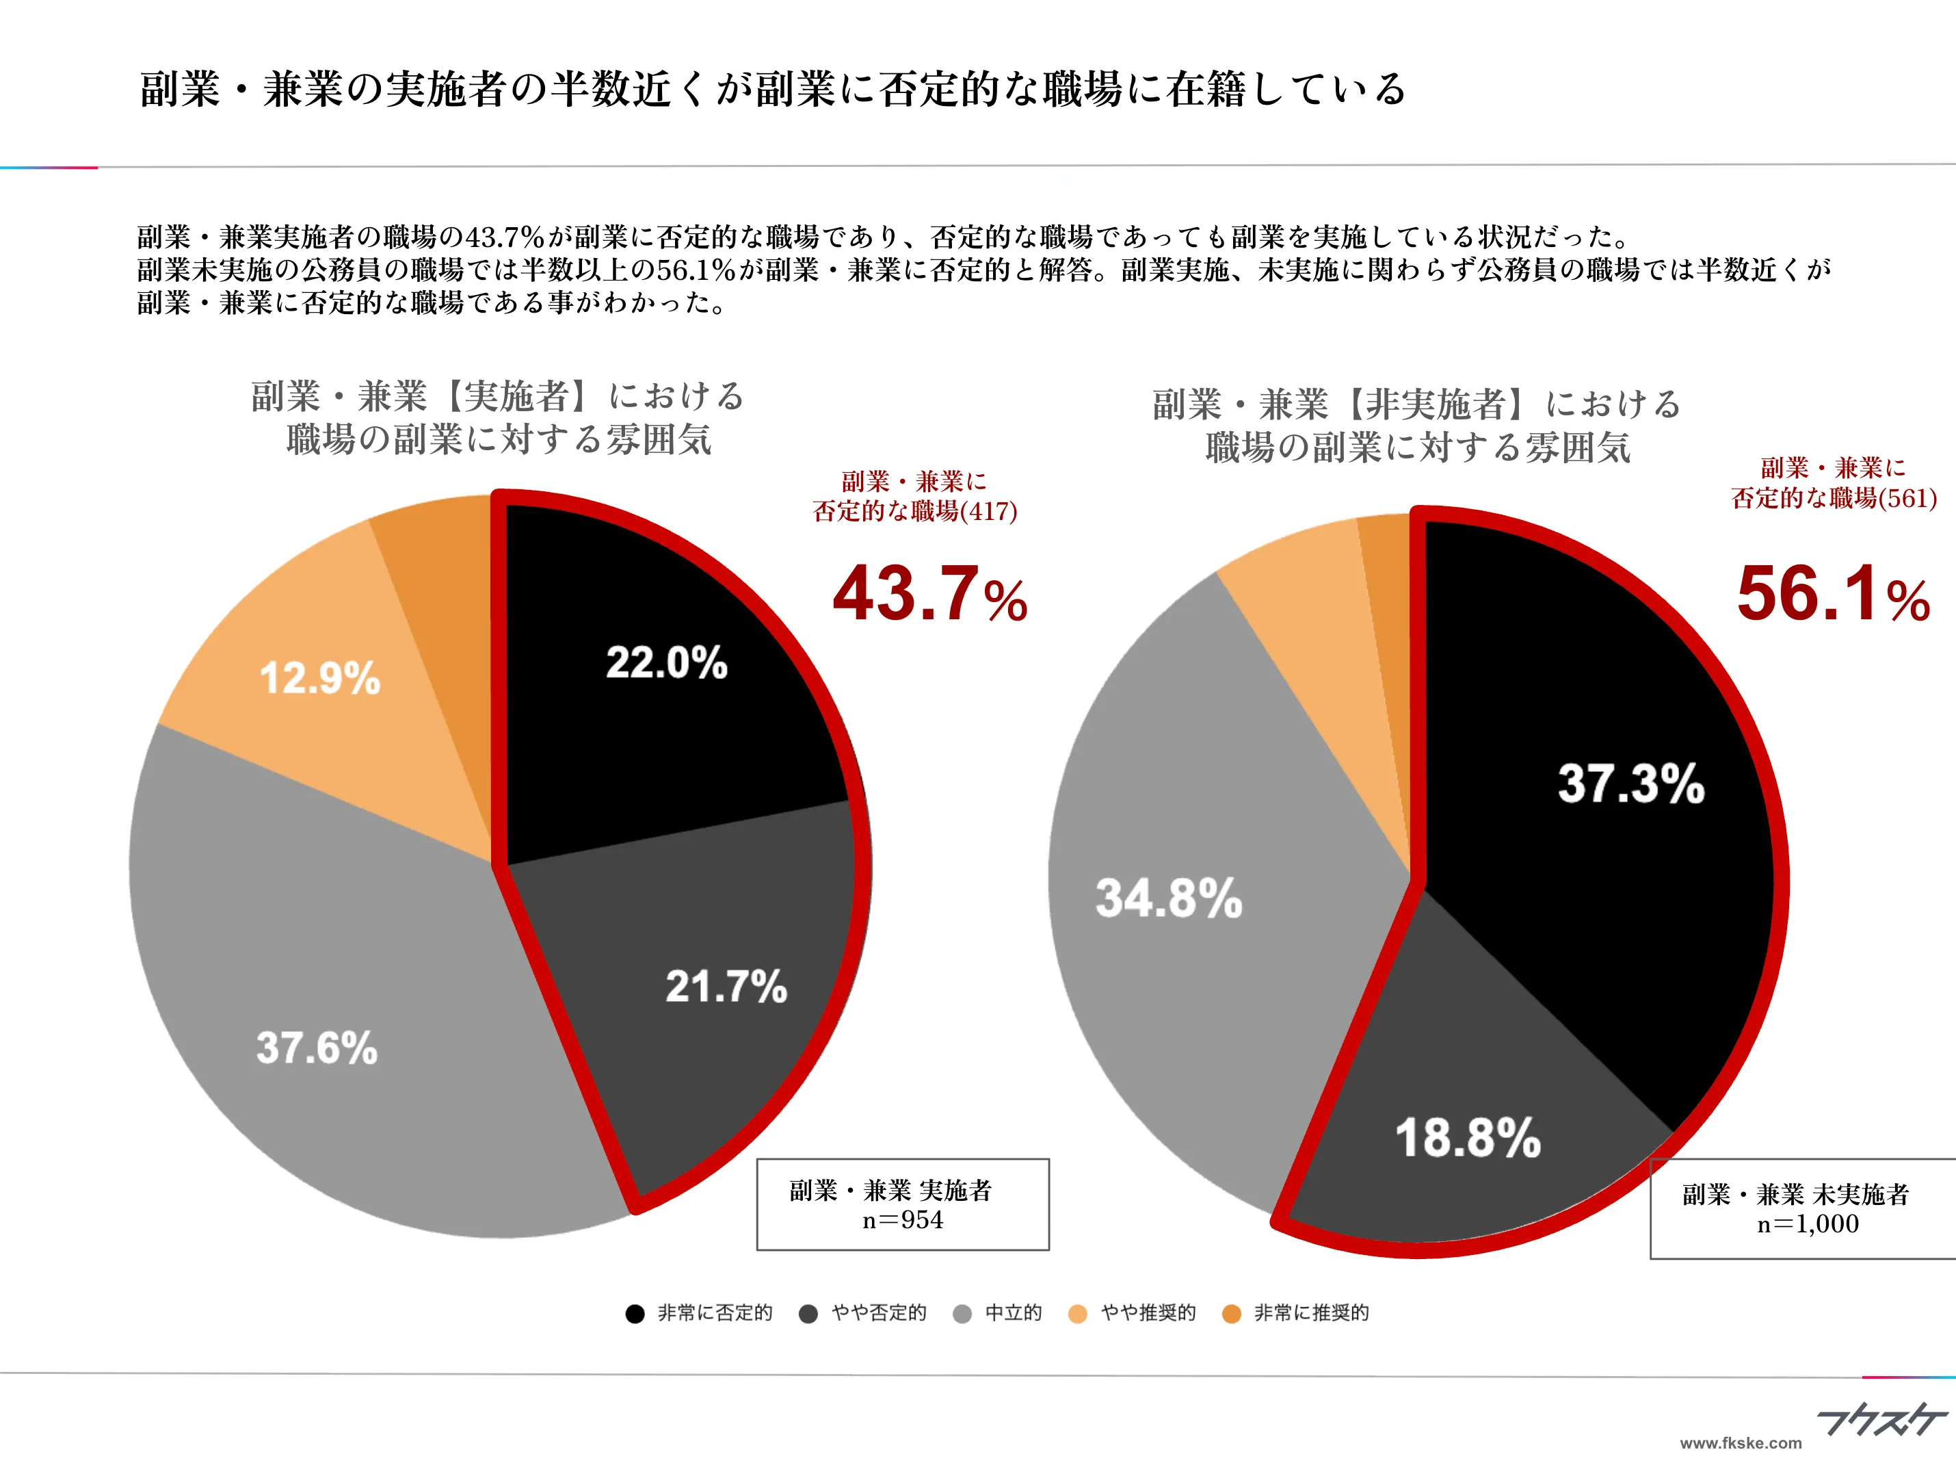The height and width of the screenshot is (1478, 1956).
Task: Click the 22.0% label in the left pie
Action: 666,662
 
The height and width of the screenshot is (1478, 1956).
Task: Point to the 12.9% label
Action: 319,678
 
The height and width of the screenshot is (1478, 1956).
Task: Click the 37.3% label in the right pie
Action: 1630,783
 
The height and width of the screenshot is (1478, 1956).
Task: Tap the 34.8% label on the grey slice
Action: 1169,898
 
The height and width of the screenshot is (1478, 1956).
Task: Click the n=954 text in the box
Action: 903,1221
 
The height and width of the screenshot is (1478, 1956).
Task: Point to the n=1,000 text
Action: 1808,1224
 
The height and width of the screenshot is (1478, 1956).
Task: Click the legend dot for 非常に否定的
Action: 635,1314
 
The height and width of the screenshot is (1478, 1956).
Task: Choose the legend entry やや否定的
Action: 878,1312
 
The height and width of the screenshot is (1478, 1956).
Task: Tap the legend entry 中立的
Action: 1012,1312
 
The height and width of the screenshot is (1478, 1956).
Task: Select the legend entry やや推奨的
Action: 1147,1312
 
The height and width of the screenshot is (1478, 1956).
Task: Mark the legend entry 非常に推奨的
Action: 1310,1312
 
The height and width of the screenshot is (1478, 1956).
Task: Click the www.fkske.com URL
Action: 1741,1442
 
